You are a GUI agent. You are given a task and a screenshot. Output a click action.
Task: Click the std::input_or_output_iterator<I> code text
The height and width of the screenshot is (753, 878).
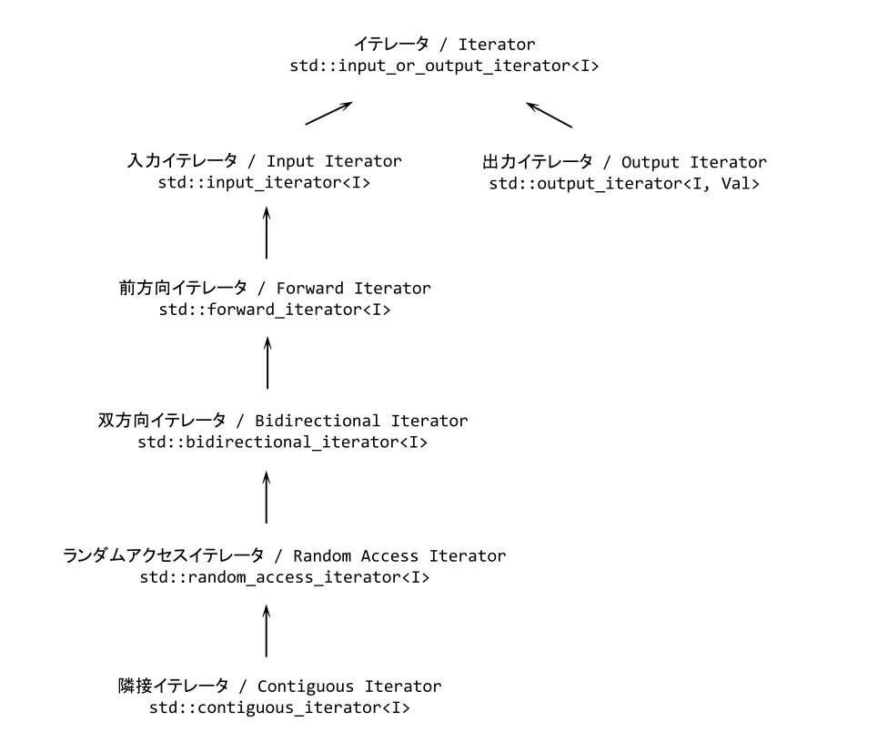(x=443, y=66)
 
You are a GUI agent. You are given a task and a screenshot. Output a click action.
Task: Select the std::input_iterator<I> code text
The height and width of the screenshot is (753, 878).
(x=265, y=182)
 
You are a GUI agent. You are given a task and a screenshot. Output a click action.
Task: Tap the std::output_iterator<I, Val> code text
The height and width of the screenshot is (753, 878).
(x=624, y=184)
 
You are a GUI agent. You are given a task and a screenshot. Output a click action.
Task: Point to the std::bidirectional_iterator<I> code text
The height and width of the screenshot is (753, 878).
(x=283, y=443)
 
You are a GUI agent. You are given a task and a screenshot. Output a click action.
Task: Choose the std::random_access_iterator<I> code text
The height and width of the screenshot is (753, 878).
(x=285, y=577)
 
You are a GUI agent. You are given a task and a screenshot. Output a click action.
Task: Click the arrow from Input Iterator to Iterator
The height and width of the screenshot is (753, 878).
(x=328, y=113)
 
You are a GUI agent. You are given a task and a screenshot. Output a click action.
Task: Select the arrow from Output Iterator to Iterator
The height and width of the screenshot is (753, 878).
(x=550, y=114)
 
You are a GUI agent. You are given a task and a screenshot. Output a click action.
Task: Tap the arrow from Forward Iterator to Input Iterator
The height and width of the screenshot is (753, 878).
(x=267, y=232)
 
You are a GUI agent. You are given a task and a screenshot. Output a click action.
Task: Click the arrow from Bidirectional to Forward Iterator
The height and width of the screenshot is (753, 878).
(x=267, y=361)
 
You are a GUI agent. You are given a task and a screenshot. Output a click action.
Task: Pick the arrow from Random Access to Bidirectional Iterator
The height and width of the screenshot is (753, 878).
(x=267, y=496)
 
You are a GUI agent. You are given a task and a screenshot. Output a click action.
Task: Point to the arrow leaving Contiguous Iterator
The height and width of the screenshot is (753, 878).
(x=267, y=630)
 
